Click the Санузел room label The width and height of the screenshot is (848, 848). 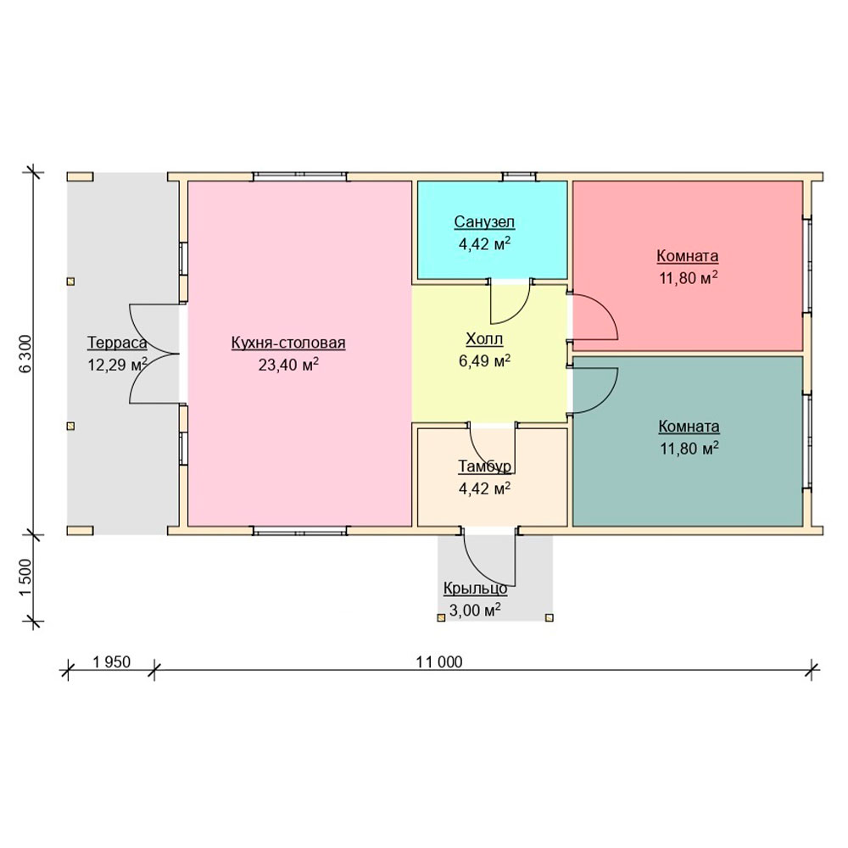pyautogui.click(x=484, y=221)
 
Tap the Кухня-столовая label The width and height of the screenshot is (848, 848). pyautogui.click(x=288, y=343)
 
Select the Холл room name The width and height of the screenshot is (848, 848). pyautogui.click(x=484, y=339)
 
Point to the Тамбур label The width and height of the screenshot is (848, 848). pyautogui.click(x=484, y=466)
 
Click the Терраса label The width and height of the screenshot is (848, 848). pyautogui.click(x=117, y=343)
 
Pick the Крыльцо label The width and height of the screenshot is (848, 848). pyautogui.click(x=476, y=588)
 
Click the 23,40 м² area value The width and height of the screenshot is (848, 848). pyautogui.click(x=288, y=365)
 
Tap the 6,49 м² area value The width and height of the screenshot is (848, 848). pyautogui.click(x=484, y=360)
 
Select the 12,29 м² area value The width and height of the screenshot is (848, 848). pyautogui.click(x=117, y=365)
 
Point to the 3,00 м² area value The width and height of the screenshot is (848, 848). pyautogui.click(x=475, y=610)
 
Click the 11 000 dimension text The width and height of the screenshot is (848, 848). pyautogui.click(x=439, y=662)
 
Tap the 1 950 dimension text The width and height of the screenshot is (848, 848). pyautogui.click(x=111, y=662)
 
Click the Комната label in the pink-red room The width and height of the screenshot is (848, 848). pyautogui.click(x=688, y=256)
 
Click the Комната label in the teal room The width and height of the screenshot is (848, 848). pyautogui.click(x=689, y=427)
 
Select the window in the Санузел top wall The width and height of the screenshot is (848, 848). pyautogui.click(x=519, y=176)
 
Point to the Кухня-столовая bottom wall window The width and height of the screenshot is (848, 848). pyautogui.click(x=300, y=531)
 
